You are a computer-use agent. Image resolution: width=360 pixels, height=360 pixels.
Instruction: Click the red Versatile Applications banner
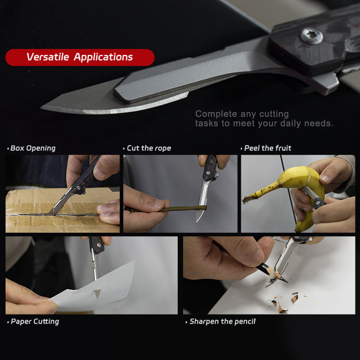point(80,58)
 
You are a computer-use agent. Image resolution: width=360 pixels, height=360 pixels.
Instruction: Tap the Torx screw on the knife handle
point(311,36)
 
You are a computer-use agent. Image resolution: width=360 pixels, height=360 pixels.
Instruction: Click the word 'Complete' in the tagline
point(213,114)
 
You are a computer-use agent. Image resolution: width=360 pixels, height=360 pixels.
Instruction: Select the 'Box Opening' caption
point(32,148)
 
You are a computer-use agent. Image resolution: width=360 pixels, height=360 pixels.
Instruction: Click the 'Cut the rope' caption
point(148,148)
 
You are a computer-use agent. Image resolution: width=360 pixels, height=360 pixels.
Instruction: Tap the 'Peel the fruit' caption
point(267,148)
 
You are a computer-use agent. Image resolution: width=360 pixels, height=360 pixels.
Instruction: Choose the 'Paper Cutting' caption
point(35,321)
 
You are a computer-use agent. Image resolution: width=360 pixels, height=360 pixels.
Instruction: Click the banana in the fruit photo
point(288,180)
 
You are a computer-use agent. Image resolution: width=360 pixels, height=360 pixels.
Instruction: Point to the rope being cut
point(180,209)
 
